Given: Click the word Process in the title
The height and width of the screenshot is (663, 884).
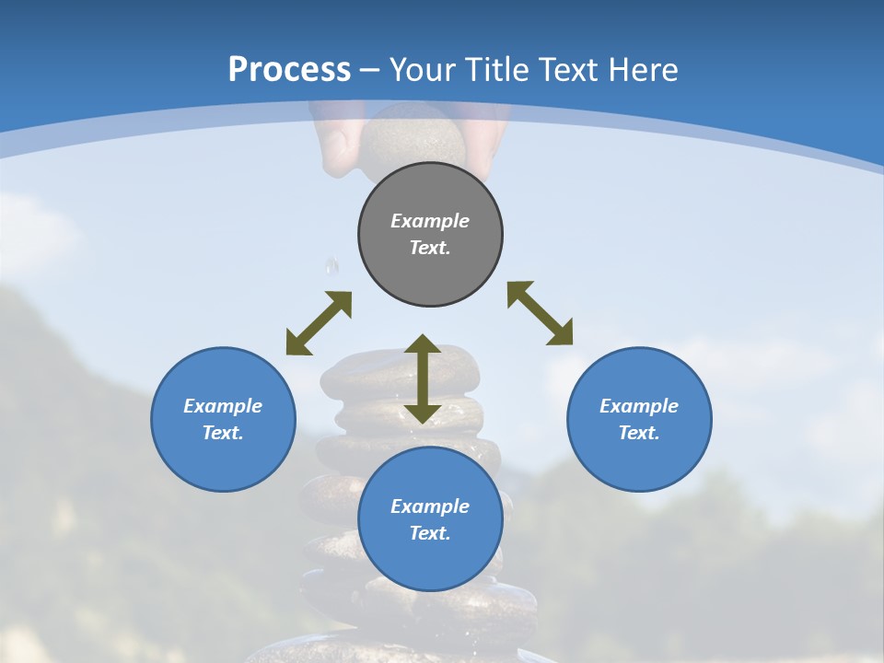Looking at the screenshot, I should click(289, 70).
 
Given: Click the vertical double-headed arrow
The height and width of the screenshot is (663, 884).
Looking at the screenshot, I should click(423, 378).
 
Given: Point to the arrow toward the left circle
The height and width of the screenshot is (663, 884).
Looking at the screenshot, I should click(319, 323).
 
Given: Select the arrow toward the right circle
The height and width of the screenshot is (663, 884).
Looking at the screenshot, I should click(540, 313).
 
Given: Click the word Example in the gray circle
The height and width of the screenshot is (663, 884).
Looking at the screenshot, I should click(430, 221).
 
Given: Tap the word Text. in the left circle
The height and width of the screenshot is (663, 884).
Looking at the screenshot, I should click(223, 433).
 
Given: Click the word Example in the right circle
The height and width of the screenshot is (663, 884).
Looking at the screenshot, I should click(639, 406).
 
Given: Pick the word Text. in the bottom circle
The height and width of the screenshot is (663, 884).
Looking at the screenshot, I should click(430, 533).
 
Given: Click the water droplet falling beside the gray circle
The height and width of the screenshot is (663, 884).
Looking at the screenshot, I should click(331, 267).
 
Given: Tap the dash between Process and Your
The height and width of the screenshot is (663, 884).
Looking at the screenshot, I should click(370, 70).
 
